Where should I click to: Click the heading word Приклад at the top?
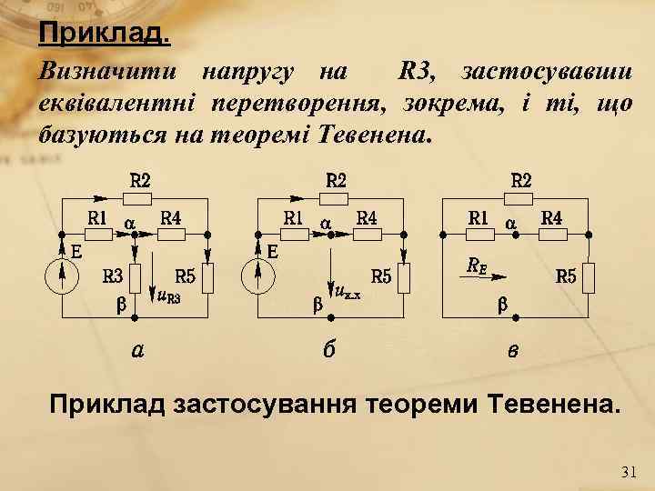(x=102, y=35)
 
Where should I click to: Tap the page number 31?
(x=629, y=471)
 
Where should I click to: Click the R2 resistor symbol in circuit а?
(x=136, y=198)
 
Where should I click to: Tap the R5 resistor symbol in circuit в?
(x=589, y=277)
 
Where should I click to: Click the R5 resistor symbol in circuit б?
(x=405, y=277)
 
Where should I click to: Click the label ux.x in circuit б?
(x=349, y=294)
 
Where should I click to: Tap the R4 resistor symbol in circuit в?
(x=550, y=234)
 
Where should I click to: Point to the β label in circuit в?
(x=501, y=306)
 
